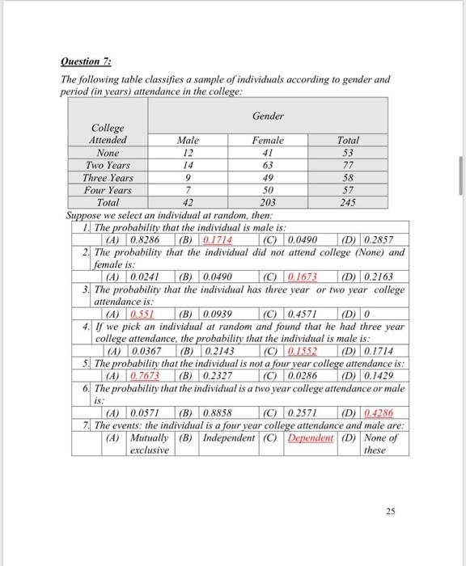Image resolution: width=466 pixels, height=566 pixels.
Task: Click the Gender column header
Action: point(268,116)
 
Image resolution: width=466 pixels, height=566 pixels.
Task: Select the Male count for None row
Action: point(188,152)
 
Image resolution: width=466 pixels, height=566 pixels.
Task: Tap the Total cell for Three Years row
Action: point(349,177)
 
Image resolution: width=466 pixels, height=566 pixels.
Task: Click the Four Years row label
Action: point(108,189)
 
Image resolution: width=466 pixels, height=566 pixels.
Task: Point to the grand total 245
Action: point(349,202)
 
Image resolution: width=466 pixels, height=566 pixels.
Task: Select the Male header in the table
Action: point(188,140)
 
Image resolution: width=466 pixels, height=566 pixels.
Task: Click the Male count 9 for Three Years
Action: point(188,177)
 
